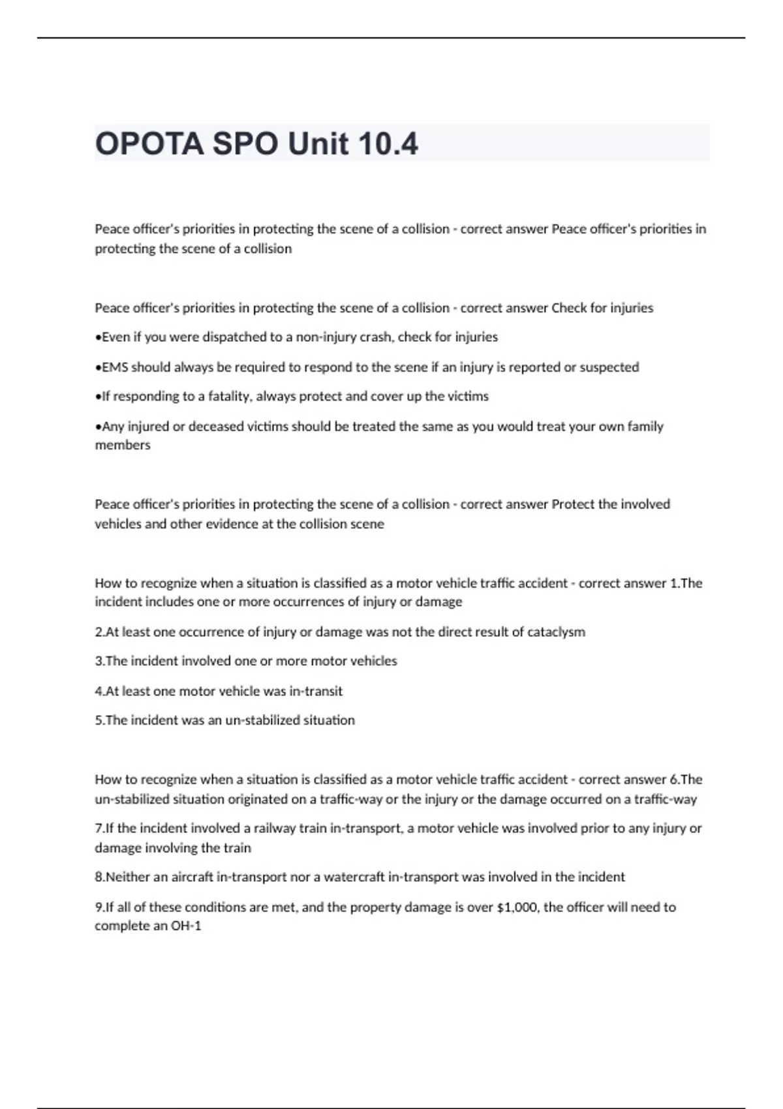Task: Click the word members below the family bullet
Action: (x=123, y=446)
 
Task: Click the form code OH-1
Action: (x=186, y=926)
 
